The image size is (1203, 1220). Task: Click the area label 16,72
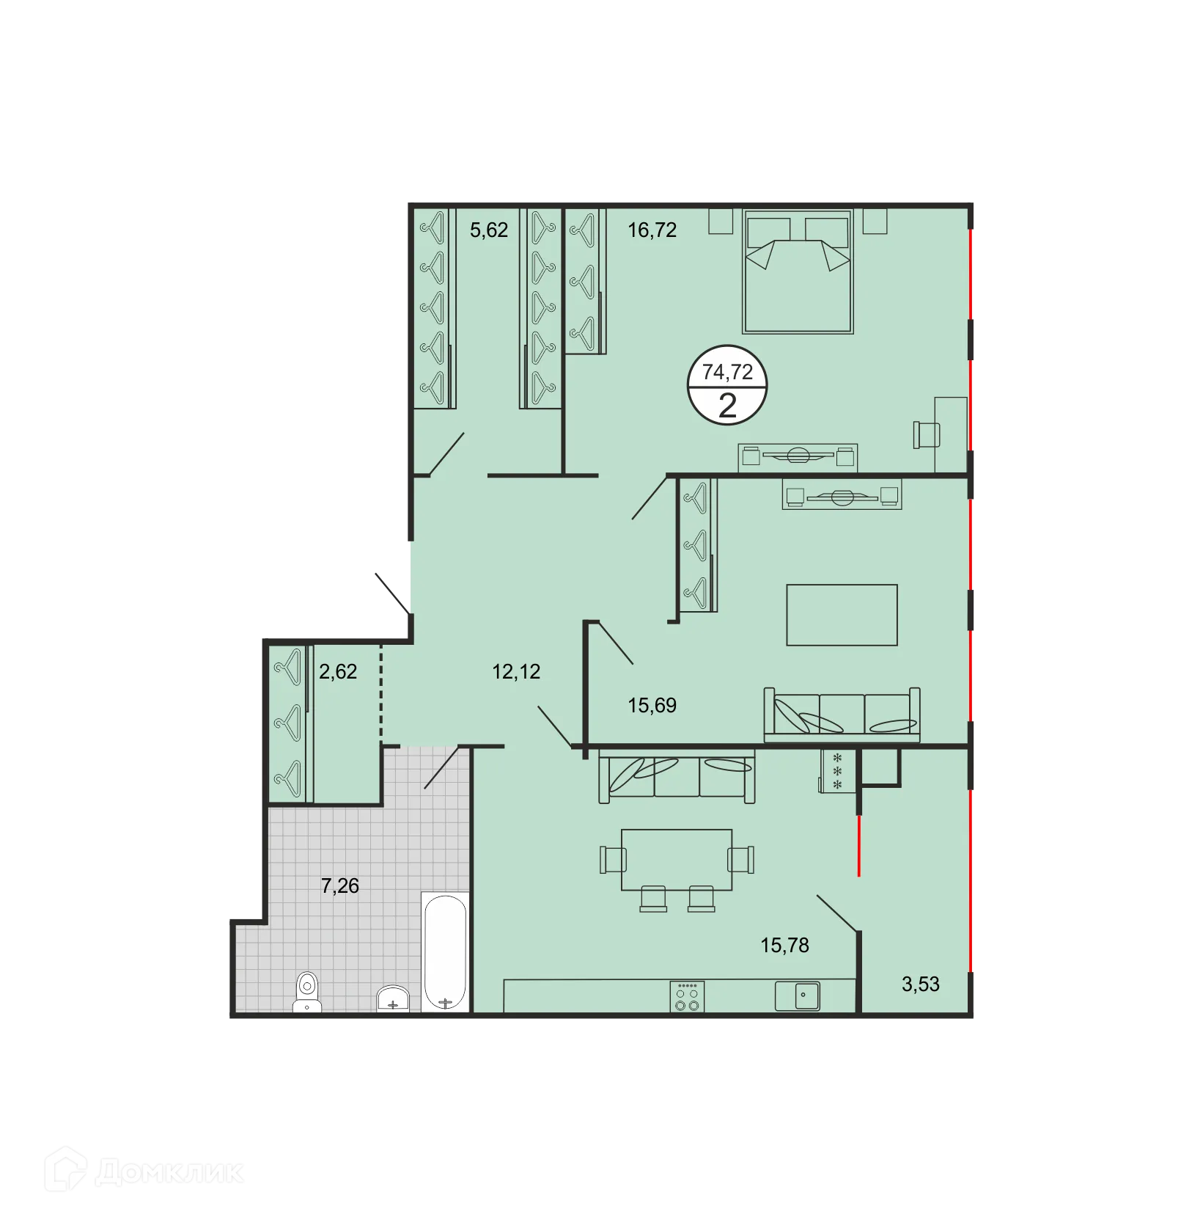pyautogui.click(x=651, y=230)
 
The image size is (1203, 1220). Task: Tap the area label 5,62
pyautogui.click(x=488, y=230)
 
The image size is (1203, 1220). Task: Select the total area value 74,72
pyautogui.click(x=726, y=372)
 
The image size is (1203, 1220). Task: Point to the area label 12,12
pyautogui.click(x=515, y=671)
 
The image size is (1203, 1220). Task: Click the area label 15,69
pyautogui.click(x=651, y=706)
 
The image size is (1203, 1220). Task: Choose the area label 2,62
pyautogui.click(x=337, y=671)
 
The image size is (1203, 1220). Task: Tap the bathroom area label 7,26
pyautogui.click(x=340, y=886)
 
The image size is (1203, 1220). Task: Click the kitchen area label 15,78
pyautogui.click(x=784, y=945)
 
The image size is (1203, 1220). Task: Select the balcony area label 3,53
pyautogui.click(x=919, y=984)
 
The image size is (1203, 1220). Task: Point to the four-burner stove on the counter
pyautogui.click(x=687, y=997)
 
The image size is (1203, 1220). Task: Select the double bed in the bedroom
pyautogui.click(x=798, y=271)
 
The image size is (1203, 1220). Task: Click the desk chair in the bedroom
pyautogui.click(x=926, y=434)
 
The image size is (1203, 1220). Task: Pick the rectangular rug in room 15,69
pyautogui.click(x=841, y=615)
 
